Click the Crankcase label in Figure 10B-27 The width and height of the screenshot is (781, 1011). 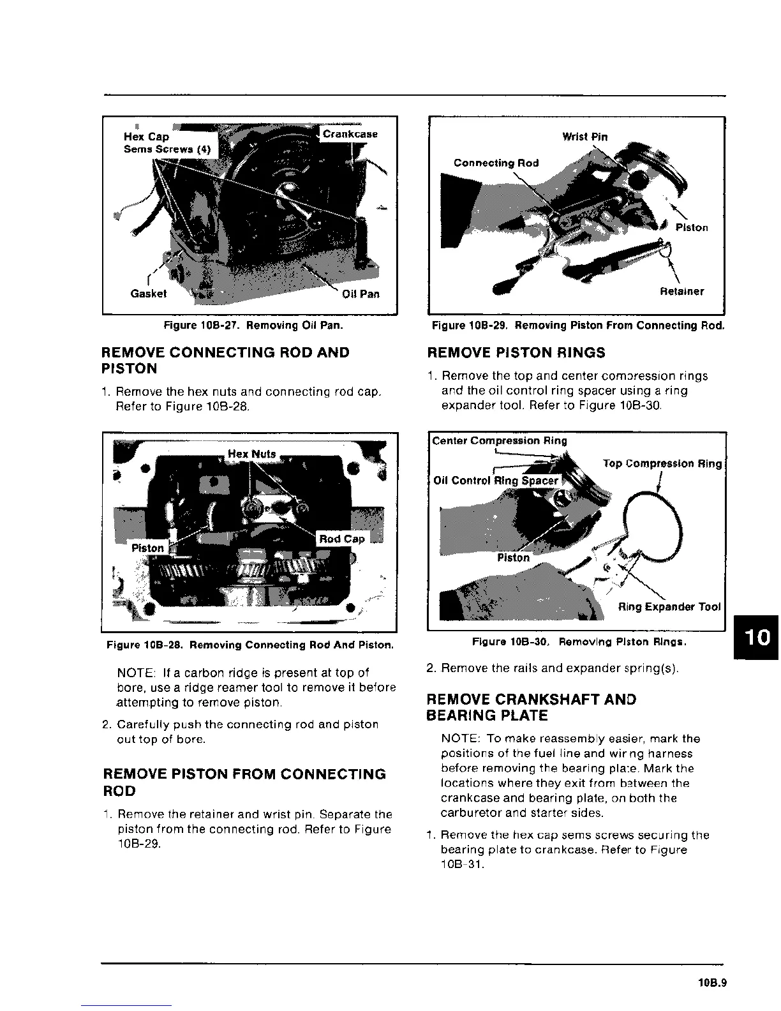350,134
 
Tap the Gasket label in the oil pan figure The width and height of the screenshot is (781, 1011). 148,294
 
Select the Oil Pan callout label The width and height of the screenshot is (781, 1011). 361,294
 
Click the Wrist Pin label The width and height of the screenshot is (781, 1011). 584,137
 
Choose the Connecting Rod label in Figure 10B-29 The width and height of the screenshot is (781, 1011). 496,163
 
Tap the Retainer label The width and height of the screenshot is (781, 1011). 681,292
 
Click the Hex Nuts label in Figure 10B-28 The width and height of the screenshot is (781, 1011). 251,454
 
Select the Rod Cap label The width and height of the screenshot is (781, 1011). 341,539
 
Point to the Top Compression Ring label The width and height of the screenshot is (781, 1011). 662,464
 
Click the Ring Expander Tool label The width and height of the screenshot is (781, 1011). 669,606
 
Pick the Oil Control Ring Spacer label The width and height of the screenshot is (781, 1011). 496,481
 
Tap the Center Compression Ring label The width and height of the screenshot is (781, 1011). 499,440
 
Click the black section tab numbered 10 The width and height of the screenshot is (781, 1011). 757,637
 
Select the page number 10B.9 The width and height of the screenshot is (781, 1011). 712,983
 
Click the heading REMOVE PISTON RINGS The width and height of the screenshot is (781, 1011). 516,353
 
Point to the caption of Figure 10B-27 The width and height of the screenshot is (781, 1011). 253,326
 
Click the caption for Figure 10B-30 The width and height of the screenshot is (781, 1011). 579,641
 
